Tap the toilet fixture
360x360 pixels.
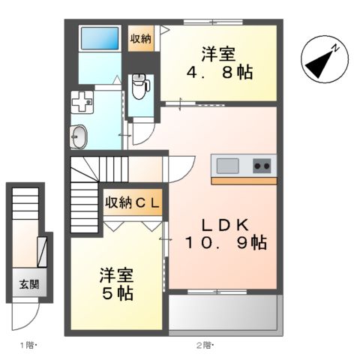point(139,88)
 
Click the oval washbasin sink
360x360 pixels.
point(78,137)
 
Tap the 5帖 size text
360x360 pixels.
point(118,293)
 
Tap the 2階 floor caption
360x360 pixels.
point(205,345)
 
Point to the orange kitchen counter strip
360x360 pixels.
point(244,181)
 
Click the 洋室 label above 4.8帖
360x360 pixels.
point(218,54)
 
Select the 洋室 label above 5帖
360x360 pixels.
point(117,274)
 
